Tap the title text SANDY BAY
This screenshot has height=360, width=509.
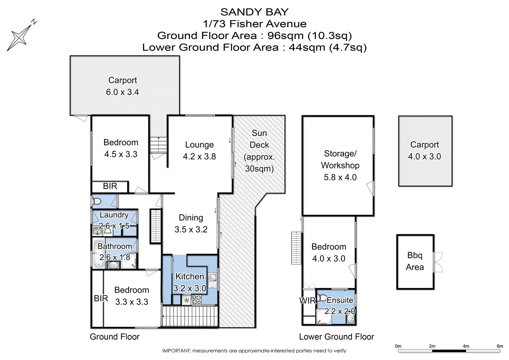click(x=254, y=12)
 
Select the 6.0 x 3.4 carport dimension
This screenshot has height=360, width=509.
click(x=122, y=92)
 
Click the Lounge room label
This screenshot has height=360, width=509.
click(x=199, y=145)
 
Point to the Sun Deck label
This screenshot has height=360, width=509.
click(x=259, y=139)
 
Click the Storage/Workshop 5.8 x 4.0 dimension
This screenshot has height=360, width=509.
click(x=340, y=177)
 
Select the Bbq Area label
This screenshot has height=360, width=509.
click(x=415, y=261)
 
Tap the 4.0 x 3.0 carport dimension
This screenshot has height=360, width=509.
click(x=425, y=157)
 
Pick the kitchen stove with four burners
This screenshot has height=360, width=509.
click(x=196, y=300)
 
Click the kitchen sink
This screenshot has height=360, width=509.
click(x=213, y=277)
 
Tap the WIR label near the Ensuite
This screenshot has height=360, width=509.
click(x=307, y=301)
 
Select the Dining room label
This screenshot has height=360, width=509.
click(x=191, y=218)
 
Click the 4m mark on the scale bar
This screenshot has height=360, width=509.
click(x=466, y=346)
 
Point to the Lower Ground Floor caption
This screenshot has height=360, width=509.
click(x=336, y=337)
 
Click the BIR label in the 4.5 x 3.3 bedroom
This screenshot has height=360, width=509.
click(x=110, y=186)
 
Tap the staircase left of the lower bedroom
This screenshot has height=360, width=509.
click(x=296, y=248)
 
